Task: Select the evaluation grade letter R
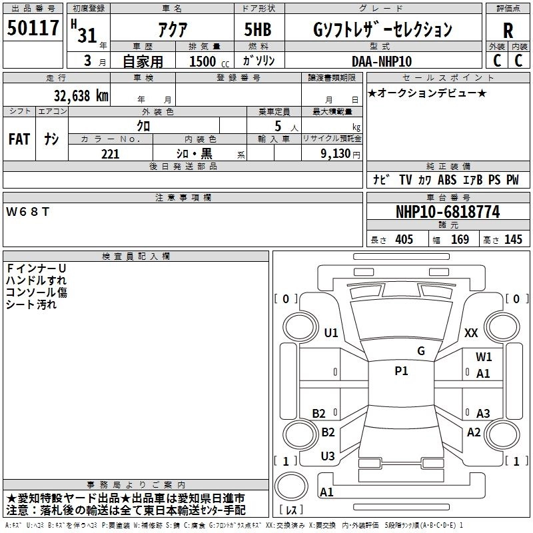pos(508,31)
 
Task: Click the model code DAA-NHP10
pos(382,61)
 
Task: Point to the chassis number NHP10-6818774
pos(447,212)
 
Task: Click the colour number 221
pos(110,154)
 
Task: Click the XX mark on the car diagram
pos(471,333)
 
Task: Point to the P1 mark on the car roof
pos(401,371)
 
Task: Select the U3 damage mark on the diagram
pos(328,456)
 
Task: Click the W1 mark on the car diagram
pos(484,357)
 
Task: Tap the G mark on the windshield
pos(420,351)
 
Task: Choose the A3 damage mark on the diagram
pos(483,413)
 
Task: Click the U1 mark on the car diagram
pos(330,333)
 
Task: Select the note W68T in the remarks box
pos(27,211)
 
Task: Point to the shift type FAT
pos(19,139)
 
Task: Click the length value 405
pos(404,240)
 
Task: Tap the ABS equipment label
pos(447,179)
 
